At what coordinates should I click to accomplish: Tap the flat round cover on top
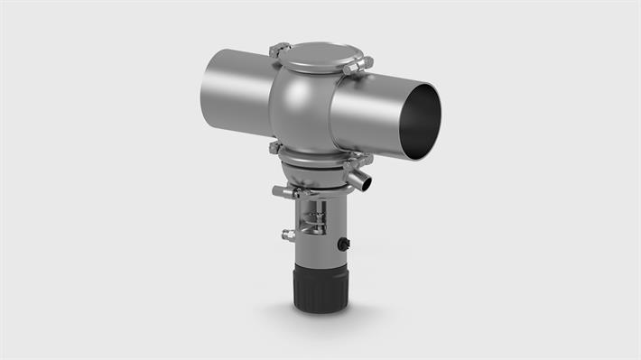(314, 58)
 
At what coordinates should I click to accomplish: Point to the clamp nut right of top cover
(359, 65)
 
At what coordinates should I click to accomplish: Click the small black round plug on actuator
(344, 245)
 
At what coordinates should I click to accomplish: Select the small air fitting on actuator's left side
(289, 235)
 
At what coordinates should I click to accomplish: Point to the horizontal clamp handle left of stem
(284, 191)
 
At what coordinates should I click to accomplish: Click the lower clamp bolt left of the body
(274, 147)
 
